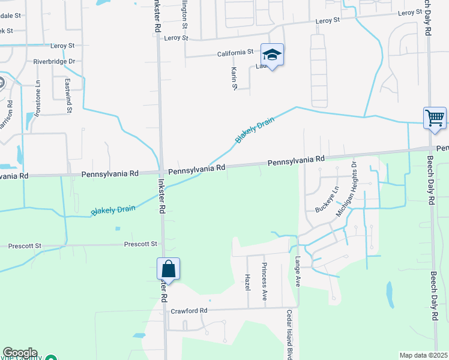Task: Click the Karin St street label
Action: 234,79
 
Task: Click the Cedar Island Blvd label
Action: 289,335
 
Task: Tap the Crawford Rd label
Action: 188,311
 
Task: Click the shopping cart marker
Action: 435,117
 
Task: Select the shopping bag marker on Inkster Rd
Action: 169,269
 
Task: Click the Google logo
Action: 20,353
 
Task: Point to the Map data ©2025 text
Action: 423,355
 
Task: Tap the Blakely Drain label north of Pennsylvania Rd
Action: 255,130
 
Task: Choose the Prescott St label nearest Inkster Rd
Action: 140,244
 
